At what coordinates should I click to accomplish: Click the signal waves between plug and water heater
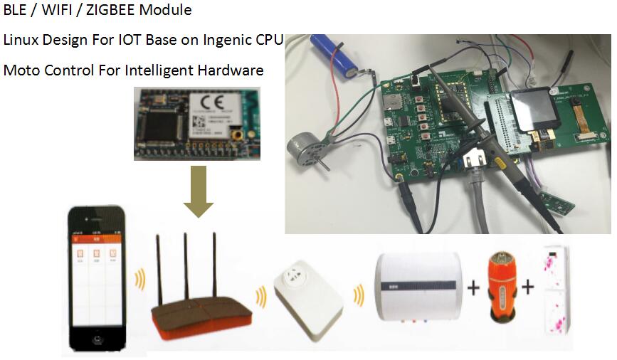click(x=358, y=293)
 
